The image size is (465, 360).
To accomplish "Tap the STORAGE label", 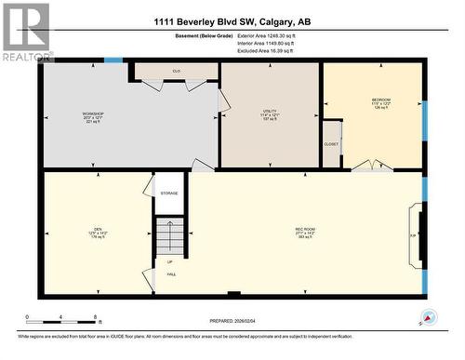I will [x=168, y=193].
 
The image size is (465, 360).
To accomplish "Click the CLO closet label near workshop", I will [x=176, y=71].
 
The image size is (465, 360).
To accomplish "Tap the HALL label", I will [x=171, y=274].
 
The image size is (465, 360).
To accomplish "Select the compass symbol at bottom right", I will [x=428, y=316].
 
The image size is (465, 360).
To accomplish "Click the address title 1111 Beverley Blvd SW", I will [x=232, y=20].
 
